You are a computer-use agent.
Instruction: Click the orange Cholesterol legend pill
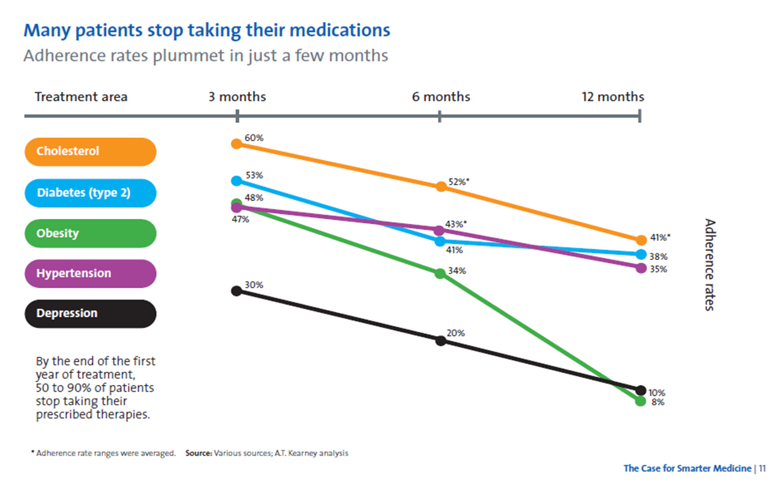90,151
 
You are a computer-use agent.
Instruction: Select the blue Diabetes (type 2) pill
90,193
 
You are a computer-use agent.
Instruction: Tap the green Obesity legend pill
90,234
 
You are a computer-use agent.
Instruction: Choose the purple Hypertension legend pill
90,273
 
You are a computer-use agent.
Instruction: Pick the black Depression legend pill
90,313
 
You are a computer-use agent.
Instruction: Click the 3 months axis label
237,96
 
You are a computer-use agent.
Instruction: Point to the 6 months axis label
441,96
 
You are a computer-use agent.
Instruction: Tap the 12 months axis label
613,96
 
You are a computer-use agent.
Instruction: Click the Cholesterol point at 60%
236,144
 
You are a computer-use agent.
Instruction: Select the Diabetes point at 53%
236,181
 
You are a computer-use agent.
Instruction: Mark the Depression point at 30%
236,291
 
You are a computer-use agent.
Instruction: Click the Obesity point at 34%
440,273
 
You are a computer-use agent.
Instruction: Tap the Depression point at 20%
441,340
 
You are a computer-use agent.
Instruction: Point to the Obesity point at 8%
640,401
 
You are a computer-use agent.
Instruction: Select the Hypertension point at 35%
641,269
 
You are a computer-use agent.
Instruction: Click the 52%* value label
459,182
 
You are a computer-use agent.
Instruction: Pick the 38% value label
658,257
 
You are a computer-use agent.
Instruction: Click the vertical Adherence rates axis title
710,265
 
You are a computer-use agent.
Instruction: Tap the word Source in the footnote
199,453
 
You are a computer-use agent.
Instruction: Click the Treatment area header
81,96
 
